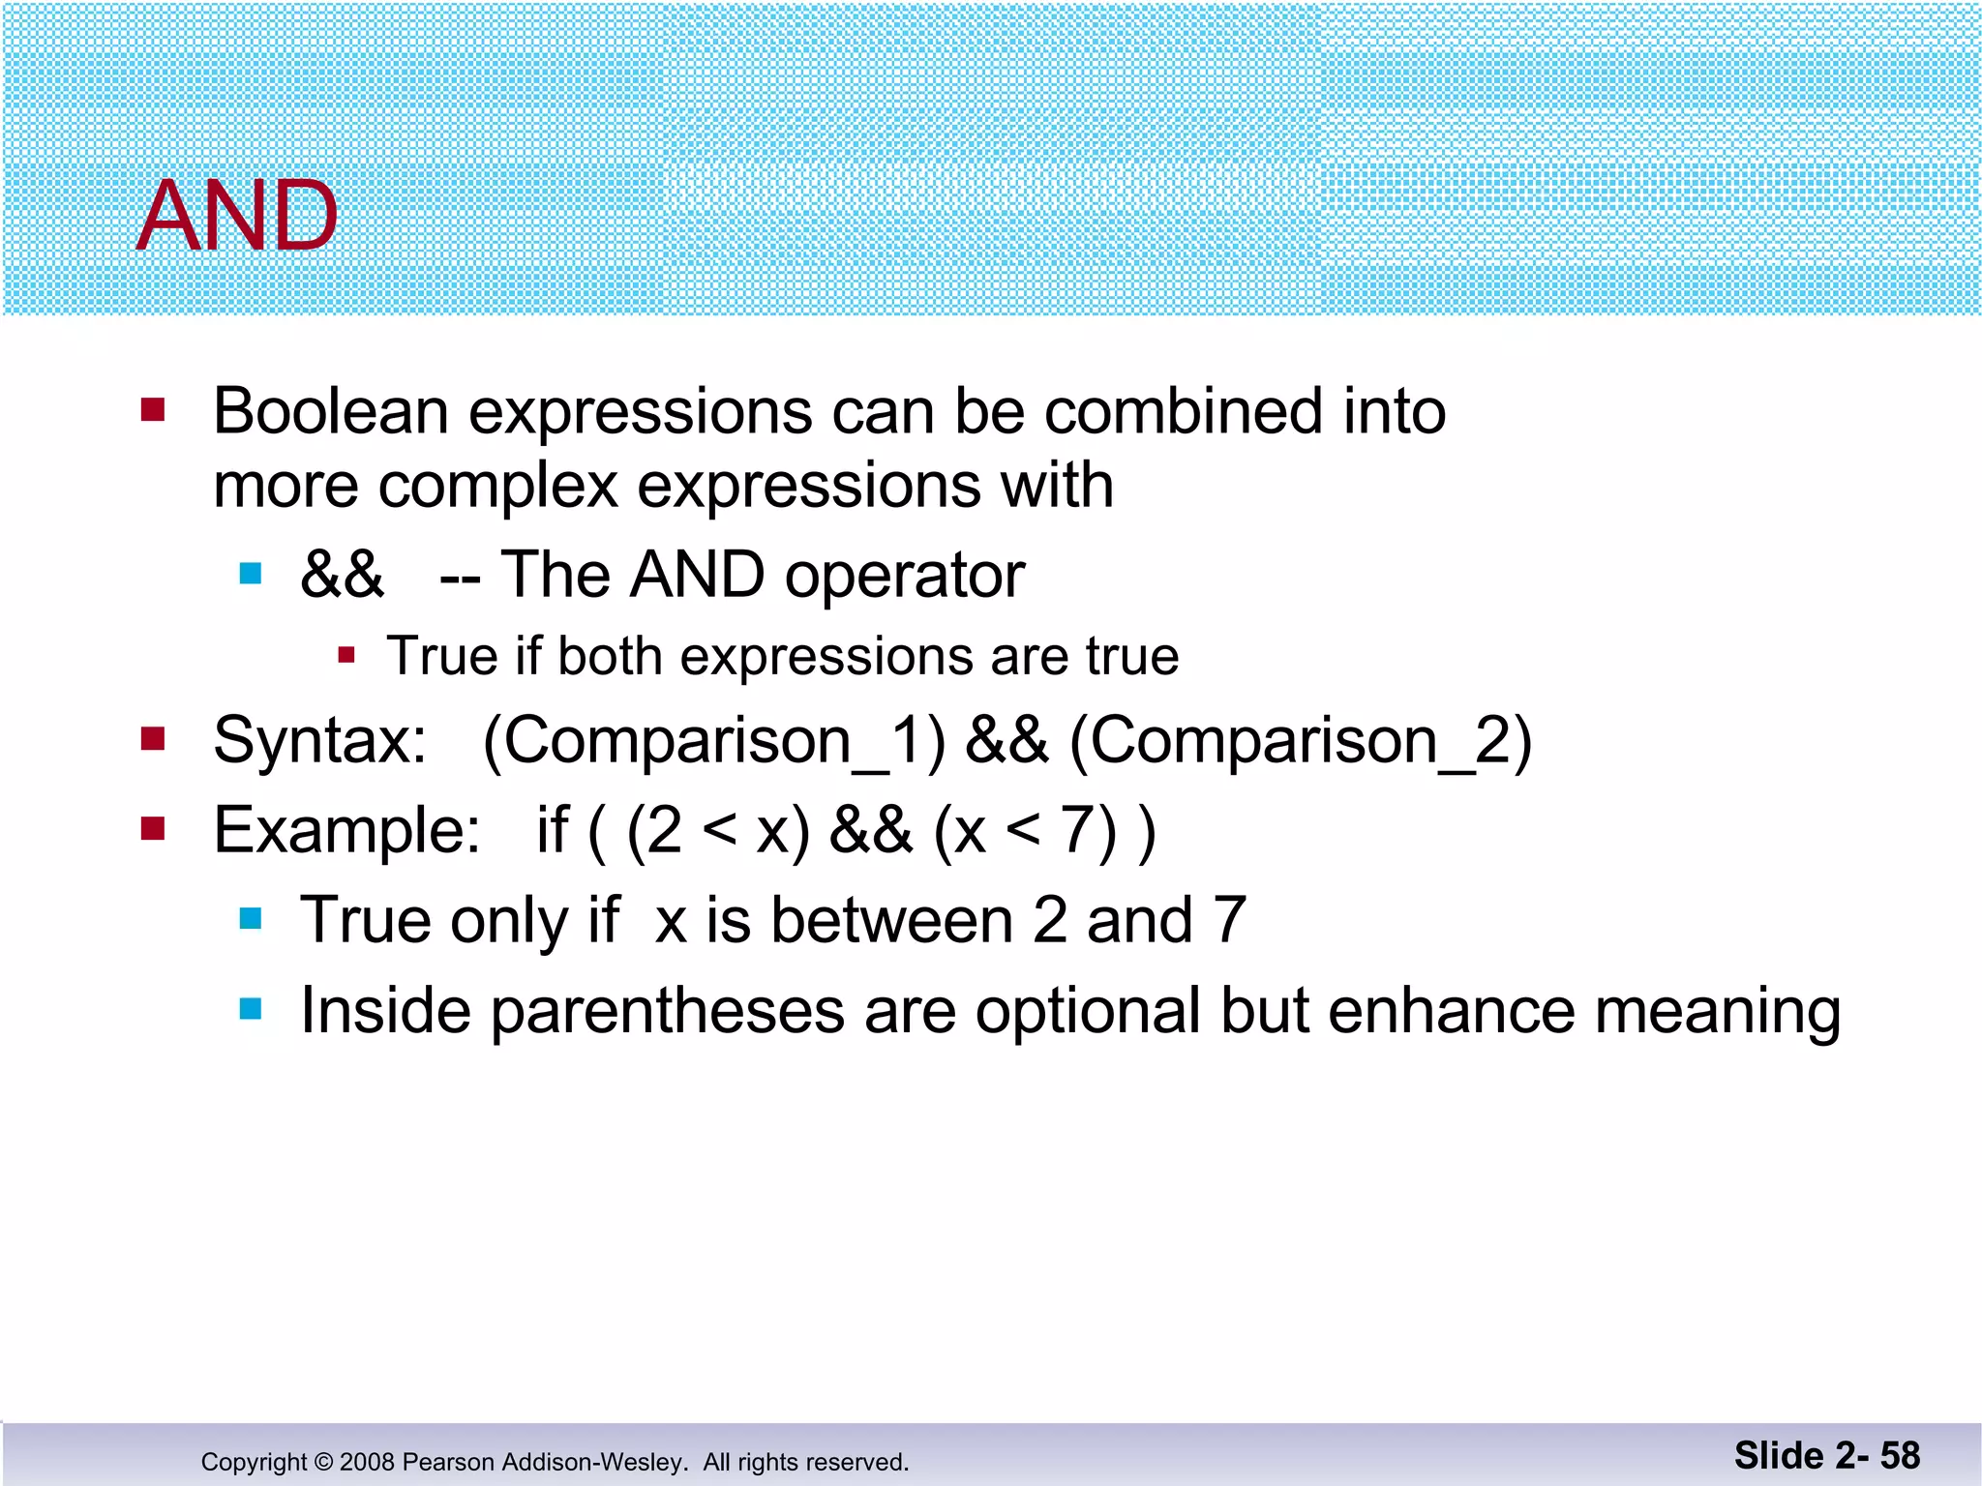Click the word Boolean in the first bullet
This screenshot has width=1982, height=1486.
330,411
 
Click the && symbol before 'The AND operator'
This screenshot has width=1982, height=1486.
342,575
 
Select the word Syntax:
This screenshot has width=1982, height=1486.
319,741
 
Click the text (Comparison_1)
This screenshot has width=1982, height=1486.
713,741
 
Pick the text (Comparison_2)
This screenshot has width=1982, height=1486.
1300,741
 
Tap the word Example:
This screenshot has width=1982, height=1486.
346,830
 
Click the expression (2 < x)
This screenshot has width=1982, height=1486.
718,830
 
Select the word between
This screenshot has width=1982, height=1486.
890,920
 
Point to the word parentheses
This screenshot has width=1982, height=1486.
668,1011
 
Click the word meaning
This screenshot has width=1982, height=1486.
1717,1011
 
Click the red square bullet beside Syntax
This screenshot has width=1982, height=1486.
153,740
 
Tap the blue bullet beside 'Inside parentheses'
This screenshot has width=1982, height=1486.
251,1010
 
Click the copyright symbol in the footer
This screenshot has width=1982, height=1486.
323,1462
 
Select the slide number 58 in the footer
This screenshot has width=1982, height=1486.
1900,1456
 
